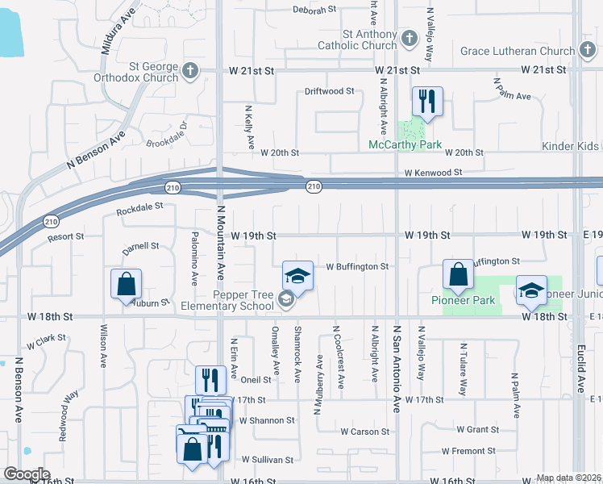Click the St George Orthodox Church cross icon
[190, 71]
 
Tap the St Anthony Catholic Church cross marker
[410, 39]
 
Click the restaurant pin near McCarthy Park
[425, 102]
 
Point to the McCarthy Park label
[405, 145]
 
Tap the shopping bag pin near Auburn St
[127, 285]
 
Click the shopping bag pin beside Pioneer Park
[458, 276]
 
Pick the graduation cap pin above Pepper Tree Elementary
[297, 277]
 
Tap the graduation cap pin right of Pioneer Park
[531, 291]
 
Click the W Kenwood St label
[433, 173]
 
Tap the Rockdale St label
[139, 207]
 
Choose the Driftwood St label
[329, 91]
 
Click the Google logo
[27, 474]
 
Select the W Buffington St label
[357, 266]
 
